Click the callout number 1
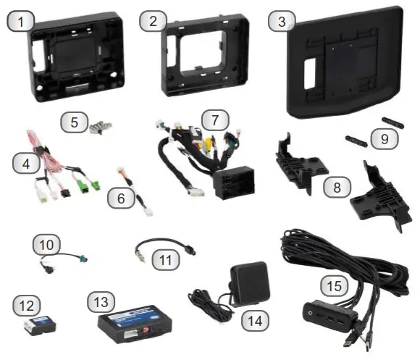click(24, 22)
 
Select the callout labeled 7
click(210, 117)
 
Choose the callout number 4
click(26, 164)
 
